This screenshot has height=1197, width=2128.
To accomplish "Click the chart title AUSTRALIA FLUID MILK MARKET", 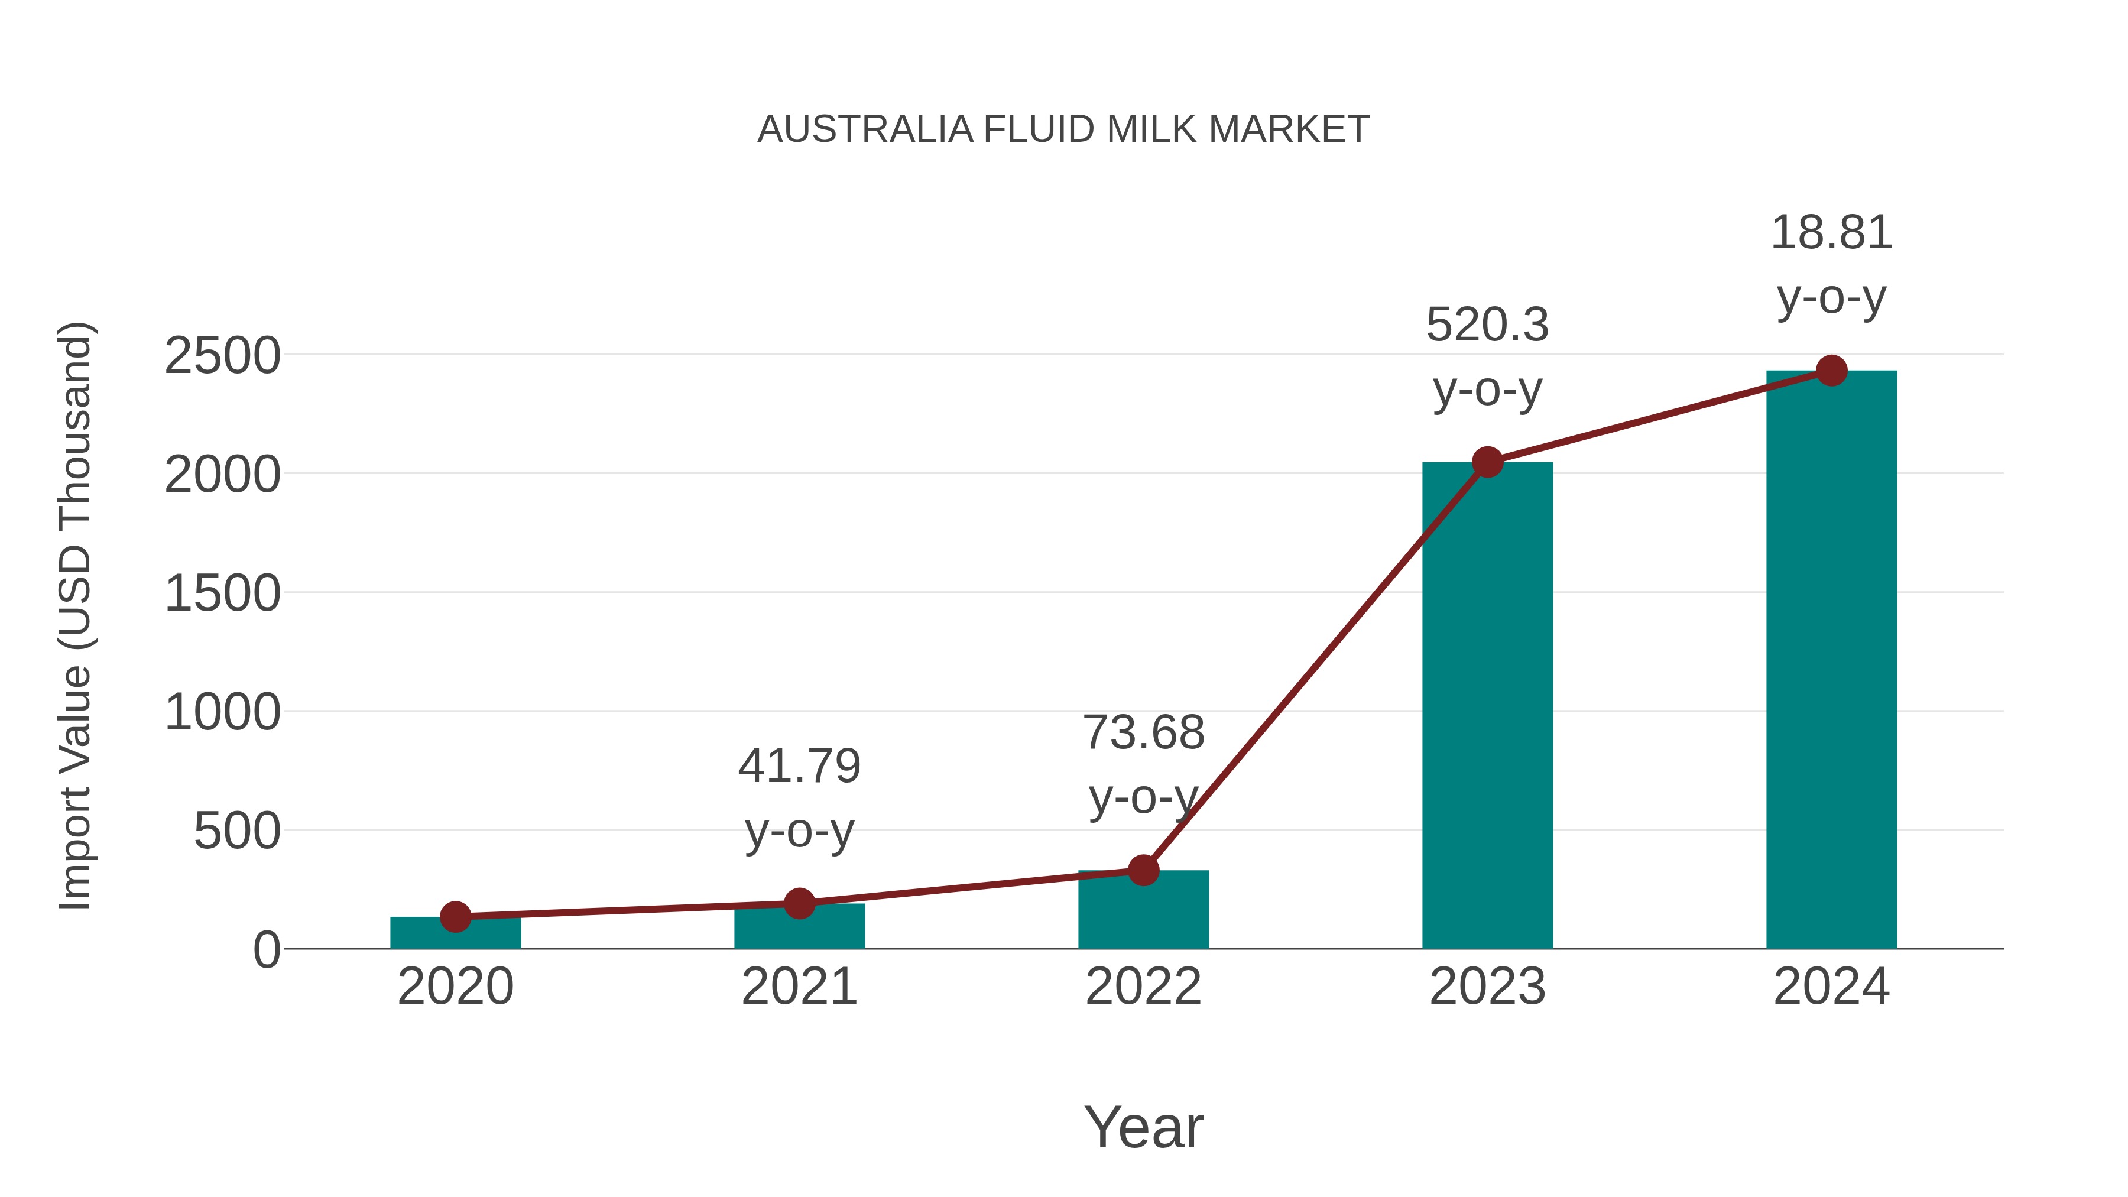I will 1063,129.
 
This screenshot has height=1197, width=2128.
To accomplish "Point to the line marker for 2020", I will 455,916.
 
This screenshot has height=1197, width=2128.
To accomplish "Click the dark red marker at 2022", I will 1143,870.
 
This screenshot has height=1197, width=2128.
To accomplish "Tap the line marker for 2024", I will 1831,371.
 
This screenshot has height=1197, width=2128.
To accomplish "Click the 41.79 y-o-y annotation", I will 799,798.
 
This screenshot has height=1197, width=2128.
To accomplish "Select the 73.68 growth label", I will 1143,765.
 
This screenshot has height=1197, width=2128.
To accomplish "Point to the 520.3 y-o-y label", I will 1487,357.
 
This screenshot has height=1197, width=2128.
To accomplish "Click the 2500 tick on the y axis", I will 222,357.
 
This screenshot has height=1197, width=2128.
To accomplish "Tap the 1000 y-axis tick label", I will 222,712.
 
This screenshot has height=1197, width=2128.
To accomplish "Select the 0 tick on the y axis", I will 267,950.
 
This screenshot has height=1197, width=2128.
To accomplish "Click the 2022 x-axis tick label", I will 1143,987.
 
